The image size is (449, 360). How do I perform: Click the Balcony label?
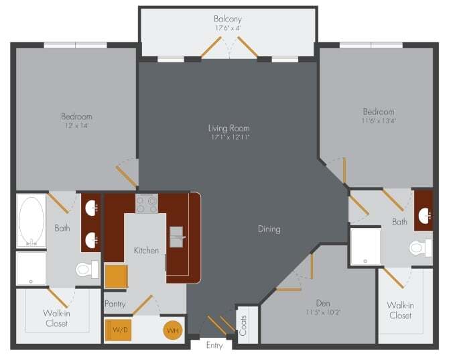(228, 19)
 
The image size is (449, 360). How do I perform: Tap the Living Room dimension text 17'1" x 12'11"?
(228, 137)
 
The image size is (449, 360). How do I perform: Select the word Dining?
(269, 229)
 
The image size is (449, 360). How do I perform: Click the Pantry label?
(115, 304)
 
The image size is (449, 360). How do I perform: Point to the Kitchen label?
(146, 250)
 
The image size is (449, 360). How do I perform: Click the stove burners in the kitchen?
(147, 203)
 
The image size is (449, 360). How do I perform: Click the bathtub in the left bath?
(31, 221)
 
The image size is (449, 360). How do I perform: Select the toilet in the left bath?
(85, 269)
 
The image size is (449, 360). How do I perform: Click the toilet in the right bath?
(420, 248)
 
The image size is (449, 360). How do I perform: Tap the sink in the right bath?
(424, 215)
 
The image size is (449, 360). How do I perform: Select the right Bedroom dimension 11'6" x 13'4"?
(379, 121)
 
